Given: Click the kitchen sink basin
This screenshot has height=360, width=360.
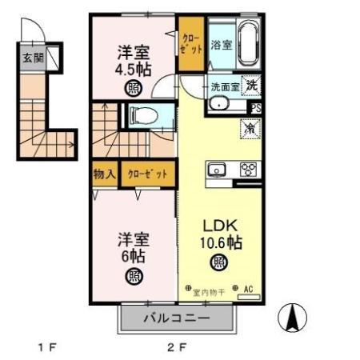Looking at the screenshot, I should point(217,169).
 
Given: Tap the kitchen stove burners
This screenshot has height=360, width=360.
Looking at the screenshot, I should point(248,169).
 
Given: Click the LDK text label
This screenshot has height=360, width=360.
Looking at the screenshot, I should point(217,225).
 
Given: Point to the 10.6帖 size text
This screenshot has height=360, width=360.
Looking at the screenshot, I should point(217,242).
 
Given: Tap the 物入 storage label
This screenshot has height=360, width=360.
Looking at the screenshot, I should point(106,174).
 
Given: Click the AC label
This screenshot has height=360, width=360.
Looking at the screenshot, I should point(248,290).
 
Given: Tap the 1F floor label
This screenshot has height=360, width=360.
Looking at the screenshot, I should point(47,348).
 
